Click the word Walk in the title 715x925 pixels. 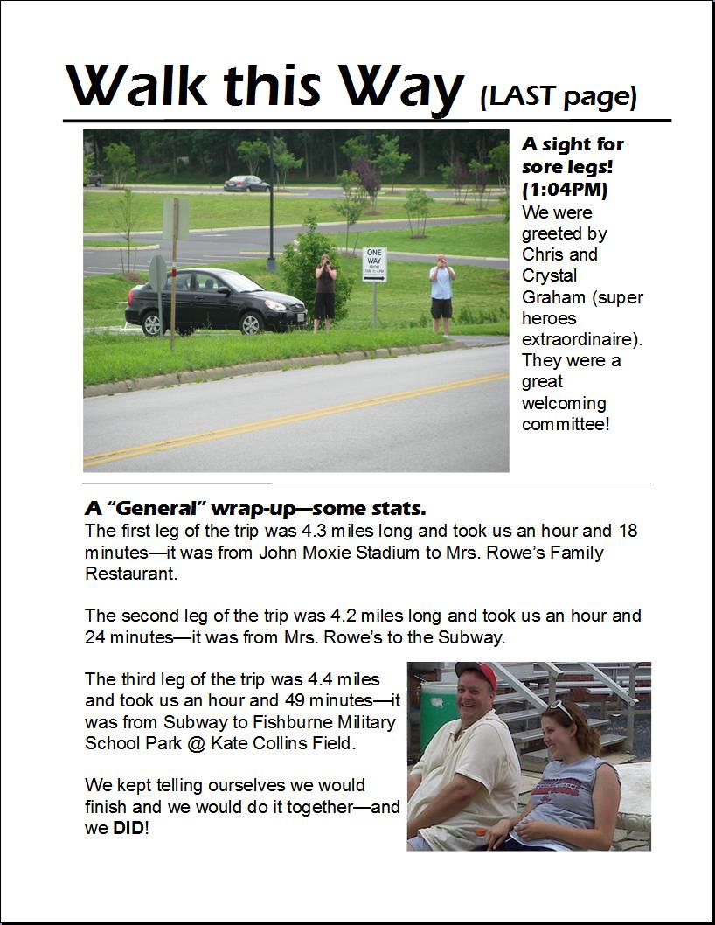click(139, 87)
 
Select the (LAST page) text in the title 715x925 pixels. click(559, 95)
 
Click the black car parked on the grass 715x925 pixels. click(215, 302)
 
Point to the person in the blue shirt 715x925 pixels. click(442, 292)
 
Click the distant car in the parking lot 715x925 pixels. click(246, 183)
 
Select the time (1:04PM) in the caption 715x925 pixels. click(565, 190)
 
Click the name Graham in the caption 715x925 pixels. click(553, 296)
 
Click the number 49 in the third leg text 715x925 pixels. click(297, 700)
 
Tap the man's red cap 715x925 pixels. click(476, 673)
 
